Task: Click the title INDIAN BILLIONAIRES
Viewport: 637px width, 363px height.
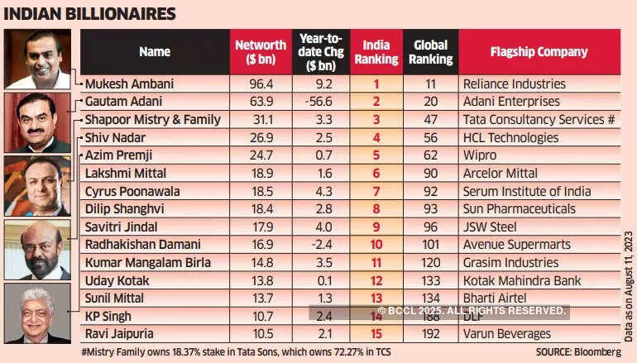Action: click(89, 13)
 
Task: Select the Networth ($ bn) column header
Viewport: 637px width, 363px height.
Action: click(261, 51)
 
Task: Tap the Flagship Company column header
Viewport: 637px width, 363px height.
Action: click(539, 51)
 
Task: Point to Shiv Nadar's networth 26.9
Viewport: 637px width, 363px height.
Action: click(261, 137)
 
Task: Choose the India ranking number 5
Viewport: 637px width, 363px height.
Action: click(376, 155)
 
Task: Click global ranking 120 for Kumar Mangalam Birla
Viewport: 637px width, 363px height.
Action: click(430, 263)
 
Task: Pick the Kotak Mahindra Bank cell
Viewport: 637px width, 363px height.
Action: click(522, 280)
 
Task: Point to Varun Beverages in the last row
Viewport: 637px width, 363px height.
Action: click(507, 334)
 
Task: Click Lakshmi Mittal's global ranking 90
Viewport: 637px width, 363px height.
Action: click(430, 173)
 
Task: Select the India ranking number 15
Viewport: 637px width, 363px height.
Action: click(376, 334)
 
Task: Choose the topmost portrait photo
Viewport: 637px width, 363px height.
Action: click(37, 59)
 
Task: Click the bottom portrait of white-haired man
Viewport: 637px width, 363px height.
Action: click(37, 313)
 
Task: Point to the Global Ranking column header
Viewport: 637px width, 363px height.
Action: click(430, 51)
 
